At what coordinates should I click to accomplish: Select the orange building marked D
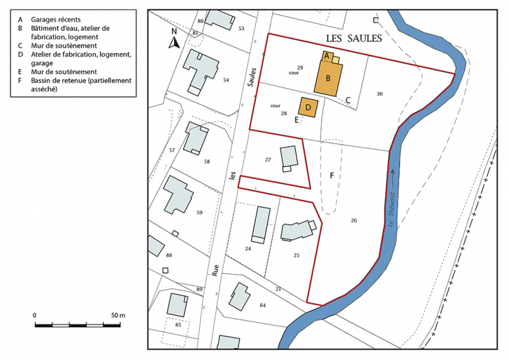[x=308, y=107]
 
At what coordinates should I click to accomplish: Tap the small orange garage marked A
[x=327, y=55]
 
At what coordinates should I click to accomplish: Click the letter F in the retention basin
[x=332, y=175]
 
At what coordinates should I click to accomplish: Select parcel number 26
[x=354, y=220]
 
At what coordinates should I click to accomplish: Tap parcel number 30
[x=379, y=94]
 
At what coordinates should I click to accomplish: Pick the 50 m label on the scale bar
[x=117, y=316]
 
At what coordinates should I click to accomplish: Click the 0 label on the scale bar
[x=35, y=316]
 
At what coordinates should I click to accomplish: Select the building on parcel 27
[x=288, y=158]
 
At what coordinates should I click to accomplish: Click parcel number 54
[x=226, y=80]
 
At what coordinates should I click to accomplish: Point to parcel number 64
[x=262, y=305]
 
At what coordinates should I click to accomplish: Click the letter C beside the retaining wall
[x=347, y=100]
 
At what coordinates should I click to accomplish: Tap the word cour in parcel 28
[x=275, y=106]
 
